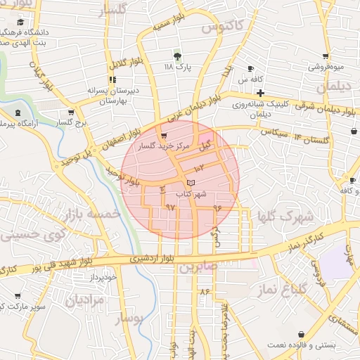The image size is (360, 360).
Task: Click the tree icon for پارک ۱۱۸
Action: coord(177,56)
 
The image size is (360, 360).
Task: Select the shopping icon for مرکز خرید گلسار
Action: coord(164,136)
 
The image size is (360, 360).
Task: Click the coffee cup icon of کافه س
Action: coord(250,69)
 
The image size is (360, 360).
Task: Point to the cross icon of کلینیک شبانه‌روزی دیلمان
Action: coord(260,93)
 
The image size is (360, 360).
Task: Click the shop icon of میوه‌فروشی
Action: coord(325,58)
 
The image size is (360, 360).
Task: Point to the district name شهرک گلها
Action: coord(284,216)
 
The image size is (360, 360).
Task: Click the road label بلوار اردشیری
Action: coord(151,259)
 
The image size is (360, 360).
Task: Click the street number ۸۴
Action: coord(205,291)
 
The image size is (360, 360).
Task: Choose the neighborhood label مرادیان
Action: coord(85,300)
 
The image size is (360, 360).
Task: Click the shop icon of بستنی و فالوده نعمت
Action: coord(302,335)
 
